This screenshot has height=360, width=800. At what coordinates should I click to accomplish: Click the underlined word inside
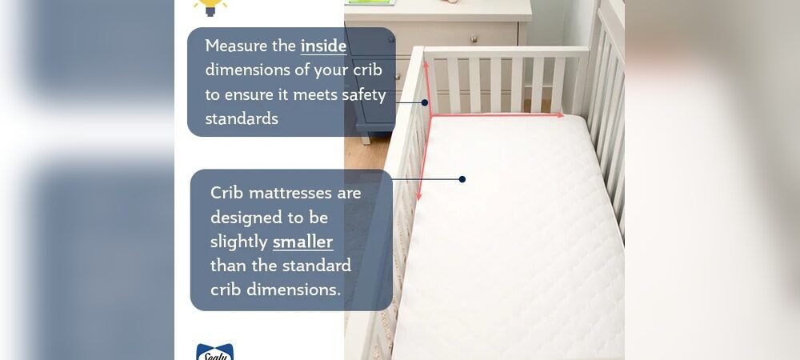[323, 46]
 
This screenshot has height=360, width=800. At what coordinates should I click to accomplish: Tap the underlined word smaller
[302, 242]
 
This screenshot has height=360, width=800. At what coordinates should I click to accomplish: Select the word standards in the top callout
[242, 119]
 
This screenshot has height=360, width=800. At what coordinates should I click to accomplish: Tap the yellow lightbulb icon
[210, 6]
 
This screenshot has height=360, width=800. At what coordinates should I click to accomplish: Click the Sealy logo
[214, 352]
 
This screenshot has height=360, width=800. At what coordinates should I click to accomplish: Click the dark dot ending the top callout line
[425, 102]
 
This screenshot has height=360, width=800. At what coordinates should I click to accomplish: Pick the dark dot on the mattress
[462, 179]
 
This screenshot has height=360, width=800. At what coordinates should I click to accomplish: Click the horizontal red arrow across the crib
[496, 116]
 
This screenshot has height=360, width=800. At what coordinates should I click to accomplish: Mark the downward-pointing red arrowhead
[418, 196]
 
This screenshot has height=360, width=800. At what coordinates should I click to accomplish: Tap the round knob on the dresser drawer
[474, 38]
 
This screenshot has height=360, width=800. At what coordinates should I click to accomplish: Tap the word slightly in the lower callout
[238, 242]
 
